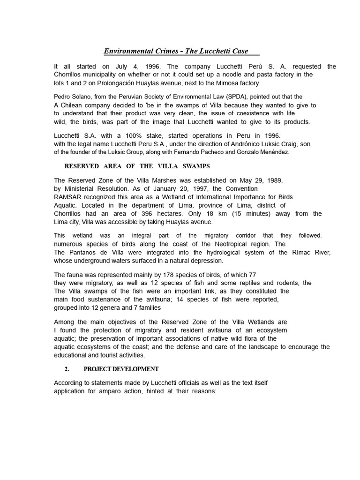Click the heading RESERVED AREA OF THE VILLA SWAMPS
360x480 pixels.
click(x=137, y=166)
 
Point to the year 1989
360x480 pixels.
click(x=272, y=180)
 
